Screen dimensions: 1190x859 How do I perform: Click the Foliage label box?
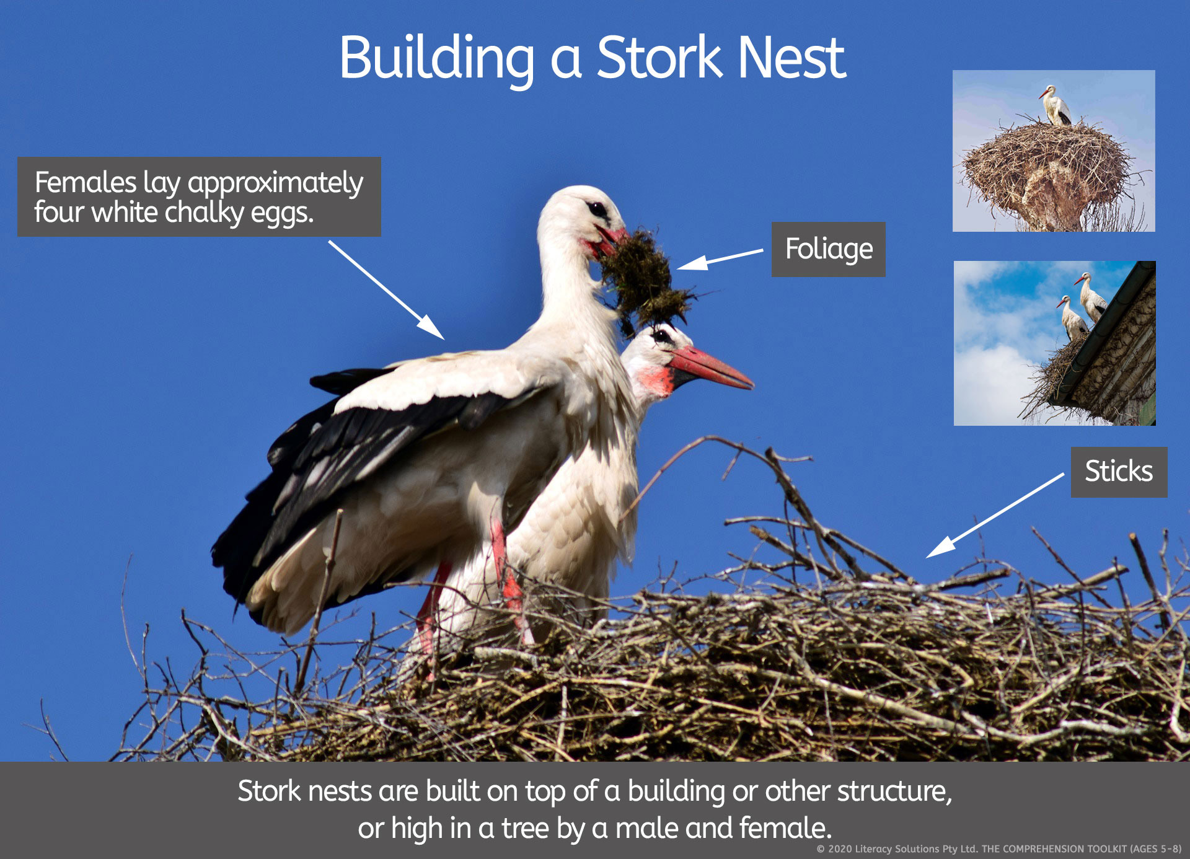tap(829, 249)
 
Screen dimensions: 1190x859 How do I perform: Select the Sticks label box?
tap(1119, 472)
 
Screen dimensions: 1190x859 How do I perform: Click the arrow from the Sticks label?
tap(995, 515)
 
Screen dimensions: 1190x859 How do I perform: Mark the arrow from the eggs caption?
tap(386, 290)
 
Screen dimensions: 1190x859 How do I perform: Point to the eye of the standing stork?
tap(597, 209)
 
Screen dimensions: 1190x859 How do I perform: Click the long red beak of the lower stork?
tap(712, 368)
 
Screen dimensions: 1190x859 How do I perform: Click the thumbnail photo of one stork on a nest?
tap(1054, 151)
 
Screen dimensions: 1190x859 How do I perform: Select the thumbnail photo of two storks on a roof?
tap(1054, 343)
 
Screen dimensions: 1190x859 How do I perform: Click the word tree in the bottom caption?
tap(525, 828)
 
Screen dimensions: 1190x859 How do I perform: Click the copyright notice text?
tap(998, 849)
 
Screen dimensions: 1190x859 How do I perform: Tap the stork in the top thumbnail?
tap(1056, 105)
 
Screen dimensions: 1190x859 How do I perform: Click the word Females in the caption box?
tap(86, 182)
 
